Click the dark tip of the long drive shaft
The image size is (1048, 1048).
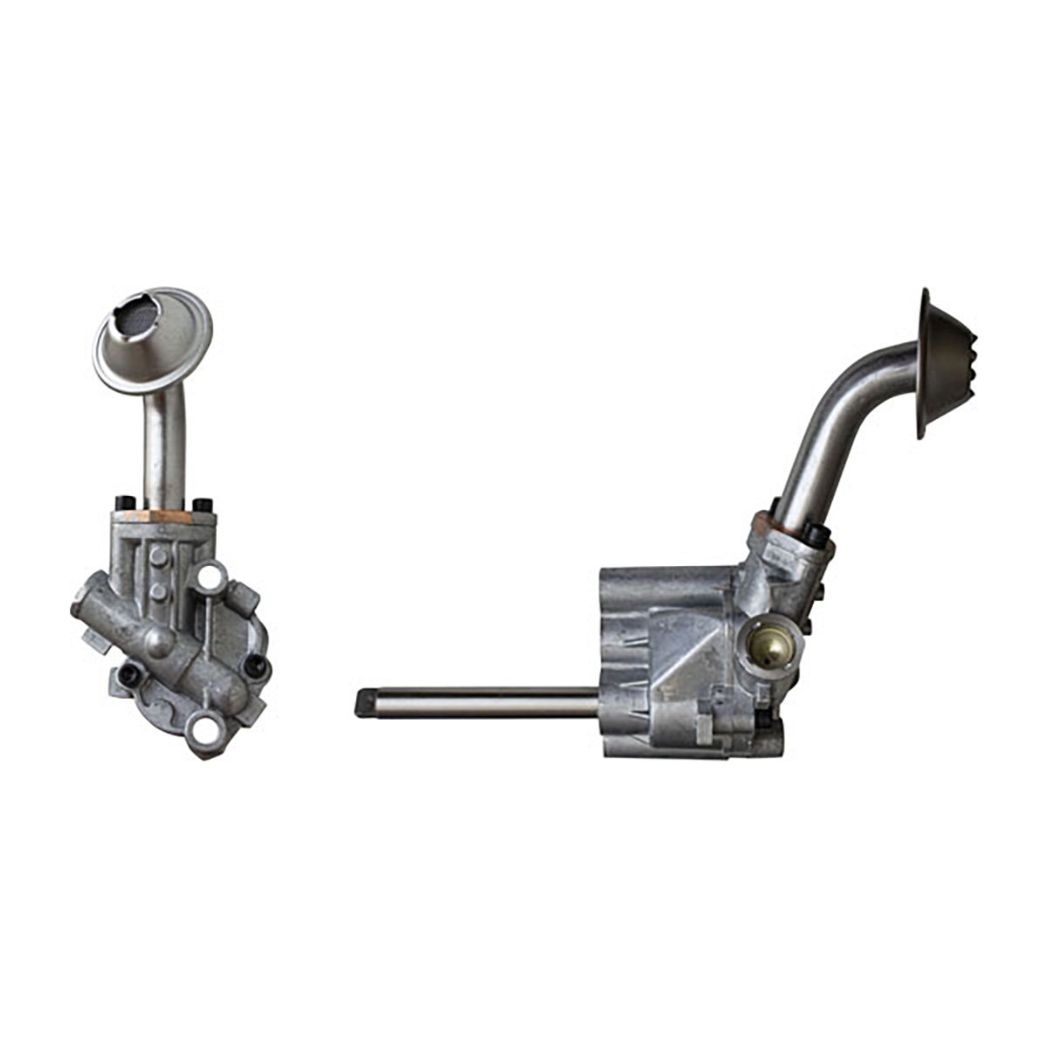pyautogui.click(x=365, y=700)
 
